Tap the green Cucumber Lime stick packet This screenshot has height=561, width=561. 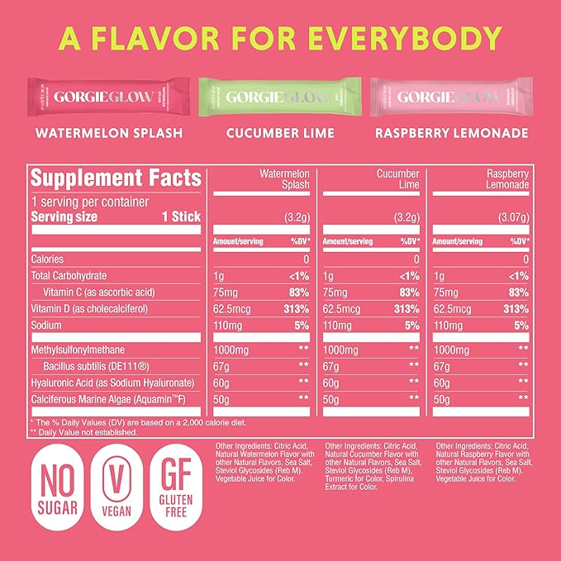(280, 97)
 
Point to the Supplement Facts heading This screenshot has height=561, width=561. (116, 178)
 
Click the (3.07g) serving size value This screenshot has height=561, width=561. (506, 218)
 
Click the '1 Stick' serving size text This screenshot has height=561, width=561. (179, 217)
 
